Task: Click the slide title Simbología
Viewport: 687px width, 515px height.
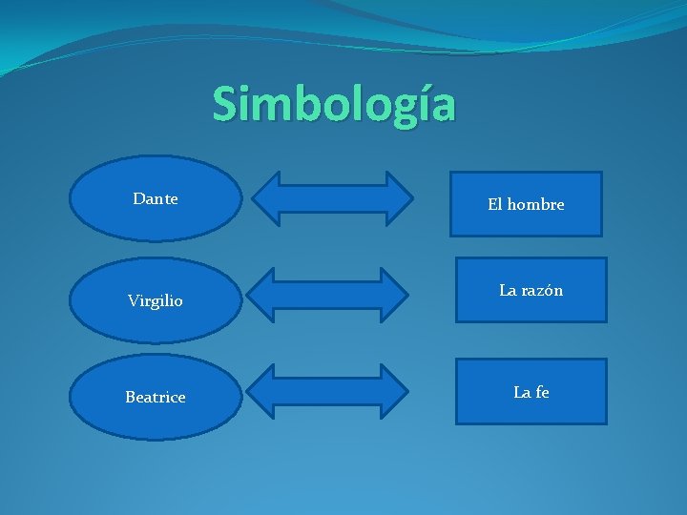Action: click(x=334, y=104)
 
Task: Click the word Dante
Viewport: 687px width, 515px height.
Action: click(x=156, y=199)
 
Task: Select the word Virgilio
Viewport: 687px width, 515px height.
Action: click(x=156, y=300)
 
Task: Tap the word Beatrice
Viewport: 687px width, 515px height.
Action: click(x=156, y=397)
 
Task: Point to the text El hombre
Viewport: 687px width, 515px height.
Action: click(x=526, y=204)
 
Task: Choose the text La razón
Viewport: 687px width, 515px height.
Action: click(x=531, y=290)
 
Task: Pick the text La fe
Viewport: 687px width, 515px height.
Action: click(x=531, y=391)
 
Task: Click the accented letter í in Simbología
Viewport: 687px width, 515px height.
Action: click(x=413, y=104)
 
